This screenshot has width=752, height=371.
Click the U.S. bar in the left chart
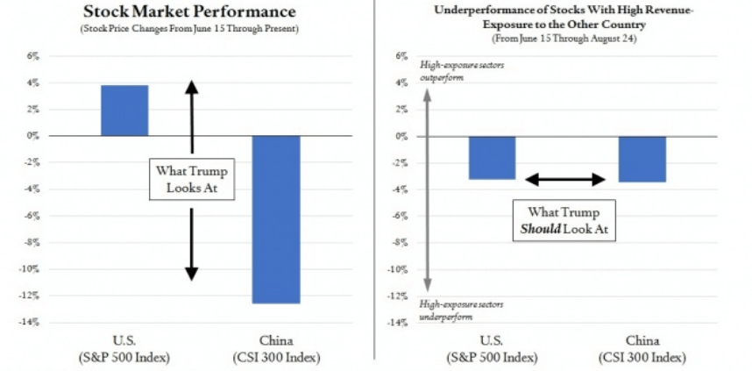pyautogui.click(x=124, y=111)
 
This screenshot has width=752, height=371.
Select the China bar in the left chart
pyautogui.click(x=277, y=219)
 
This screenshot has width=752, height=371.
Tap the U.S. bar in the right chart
pyautogui.click(x=492, y=158)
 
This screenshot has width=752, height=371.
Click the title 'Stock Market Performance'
pyautogui.click(x=188, y=13)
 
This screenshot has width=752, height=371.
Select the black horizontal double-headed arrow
pyautogui.click(x=565, y=180)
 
